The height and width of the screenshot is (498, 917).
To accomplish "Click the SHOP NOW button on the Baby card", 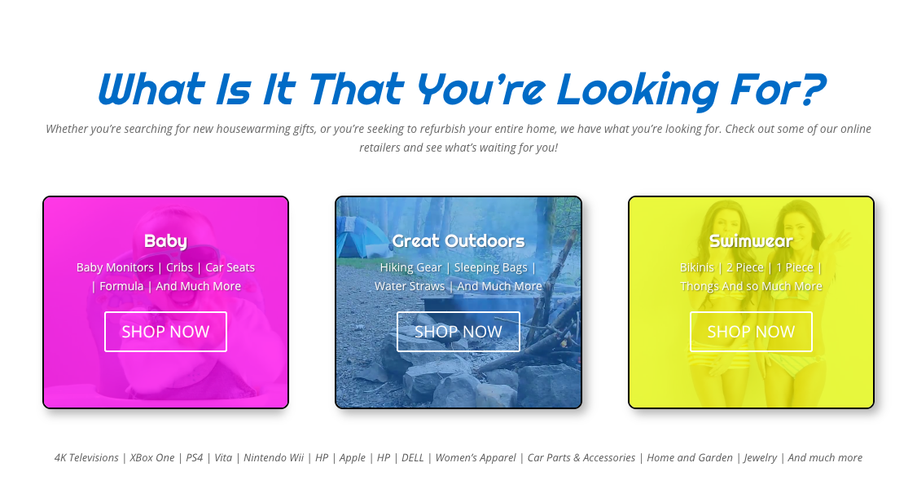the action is coord(165,332).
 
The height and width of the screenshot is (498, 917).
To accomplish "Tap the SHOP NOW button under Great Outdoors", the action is coord(458,332).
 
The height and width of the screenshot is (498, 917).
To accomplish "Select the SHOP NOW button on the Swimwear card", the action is coord(751,332).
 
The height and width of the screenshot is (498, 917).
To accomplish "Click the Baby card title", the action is coord(165,241).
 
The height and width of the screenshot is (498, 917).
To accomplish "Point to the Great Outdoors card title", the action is coord(458,240).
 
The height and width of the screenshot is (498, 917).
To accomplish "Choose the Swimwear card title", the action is coord(751,240).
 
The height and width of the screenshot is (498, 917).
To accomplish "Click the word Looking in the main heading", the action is coord(638,90).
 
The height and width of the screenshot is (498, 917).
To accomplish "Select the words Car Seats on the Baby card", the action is coord(230,267).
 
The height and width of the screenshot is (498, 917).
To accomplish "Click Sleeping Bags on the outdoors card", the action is coord(490,267).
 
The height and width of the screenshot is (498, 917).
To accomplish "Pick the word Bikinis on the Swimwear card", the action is coord(696,267).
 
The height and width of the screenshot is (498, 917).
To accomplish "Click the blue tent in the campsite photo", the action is coord(356,237).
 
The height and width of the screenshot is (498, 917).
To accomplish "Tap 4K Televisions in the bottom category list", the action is coord(86,457).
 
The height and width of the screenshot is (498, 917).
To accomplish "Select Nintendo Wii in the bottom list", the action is coord(274,457).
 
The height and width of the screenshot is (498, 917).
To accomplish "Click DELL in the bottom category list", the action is coord(412,457).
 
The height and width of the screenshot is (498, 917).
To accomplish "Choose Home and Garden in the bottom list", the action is coord(690,457).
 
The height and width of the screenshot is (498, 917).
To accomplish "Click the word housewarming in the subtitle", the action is coord(254,129).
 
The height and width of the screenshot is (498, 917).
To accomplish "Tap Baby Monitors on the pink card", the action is coord(115,267).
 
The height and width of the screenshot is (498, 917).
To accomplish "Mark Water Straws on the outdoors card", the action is coord(410,286).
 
